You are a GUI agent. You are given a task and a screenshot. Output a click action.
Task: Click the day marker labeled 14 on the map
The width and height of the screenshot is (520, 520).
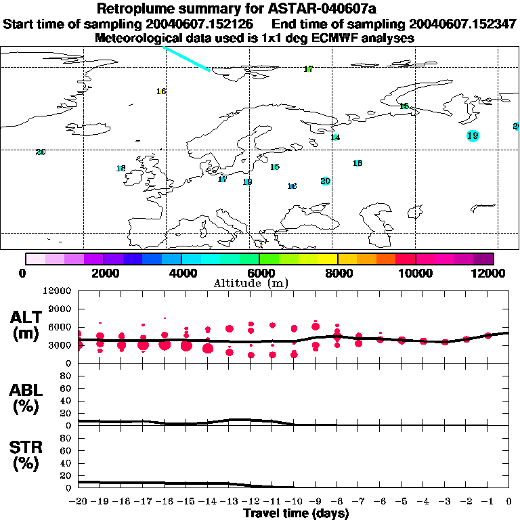(335, 137)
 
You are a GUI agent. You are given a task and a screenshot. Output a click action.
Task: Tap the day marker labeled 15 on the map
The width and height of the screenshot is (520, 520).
(275, 167)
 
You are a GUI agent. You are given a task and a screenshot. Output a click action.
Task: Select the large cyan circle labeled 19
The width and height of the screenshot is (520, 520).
(473, 135)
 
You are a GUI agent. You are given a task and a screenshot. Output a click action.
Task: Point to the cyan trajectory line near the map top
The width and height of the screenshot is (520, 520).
(186, 58)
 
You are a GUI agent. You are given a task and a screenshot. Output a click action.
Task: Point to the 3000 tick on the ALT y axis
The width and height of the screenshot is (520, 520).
(60, 345)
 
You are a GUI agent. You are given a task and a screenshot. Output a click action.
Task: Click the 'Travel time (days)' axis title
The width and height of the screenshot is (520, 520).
(296, 513)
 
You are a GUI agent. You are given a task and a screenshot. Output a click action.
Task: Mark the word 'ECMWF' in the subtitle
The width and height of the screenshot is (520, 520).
(335, 38)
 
